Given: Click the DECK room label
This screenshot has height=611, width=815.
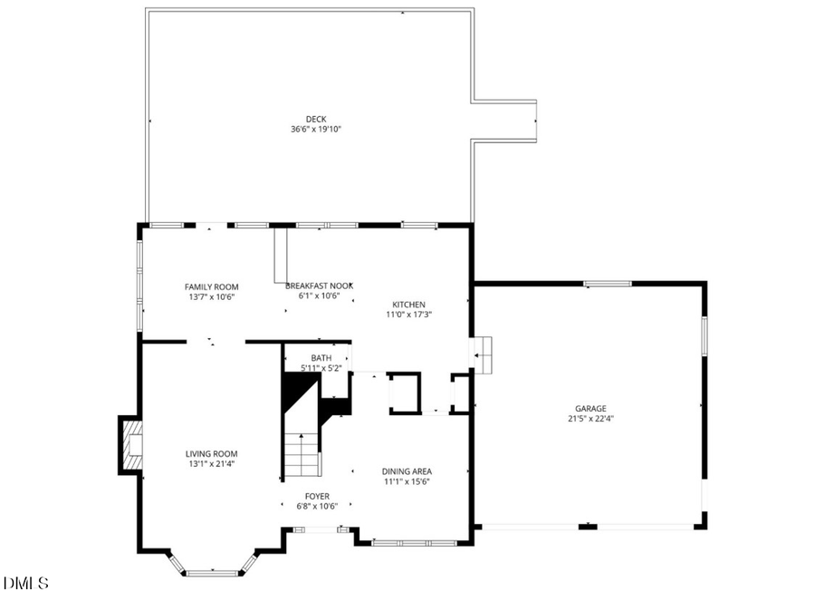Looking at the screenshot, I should point(315,118).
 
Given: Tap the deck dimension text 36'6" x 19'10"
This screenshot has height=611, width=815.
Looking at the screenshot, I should point(315,129).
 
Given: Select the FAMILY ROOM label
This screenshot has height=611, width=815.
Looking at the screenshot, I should point(212,286).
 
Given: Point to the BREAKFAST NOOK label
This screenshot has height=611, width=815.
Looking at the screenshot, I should point(313,286).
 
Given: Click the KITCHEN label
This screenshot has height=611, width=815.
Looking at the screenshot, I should point(408,305).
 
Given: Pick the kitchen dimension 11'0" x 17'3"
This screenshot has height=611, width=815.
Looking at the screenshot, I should point(408,315).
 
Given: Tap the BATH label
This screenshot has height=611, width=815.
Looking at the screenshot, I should point(321,358).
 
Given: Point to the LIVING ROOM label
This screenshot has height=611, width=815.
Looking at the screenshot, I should point(212,454).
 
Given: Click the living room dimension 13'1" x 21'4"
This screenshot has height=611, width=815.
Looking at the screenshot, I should point(212,464).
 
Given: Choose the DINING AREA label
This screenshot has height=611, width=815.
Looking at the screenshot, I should point(407,471).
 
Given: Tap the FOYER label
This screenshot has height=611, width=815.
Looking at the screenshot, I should point(317,496).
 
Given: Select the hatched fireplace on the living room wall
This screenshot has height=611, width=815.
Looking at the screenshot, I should point(131,444).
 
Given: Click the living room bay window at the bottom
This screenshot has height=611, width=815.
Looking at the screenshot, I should point(214,571).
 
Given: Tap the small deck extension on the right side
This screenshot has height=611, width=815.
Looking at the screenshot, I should point(504,121).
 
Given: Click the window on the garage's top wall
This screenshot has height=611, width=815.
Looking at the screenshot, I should point(608,284).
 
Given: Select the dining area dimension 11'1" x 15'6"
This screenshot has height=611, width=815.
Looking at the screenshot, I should point(407,481).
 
